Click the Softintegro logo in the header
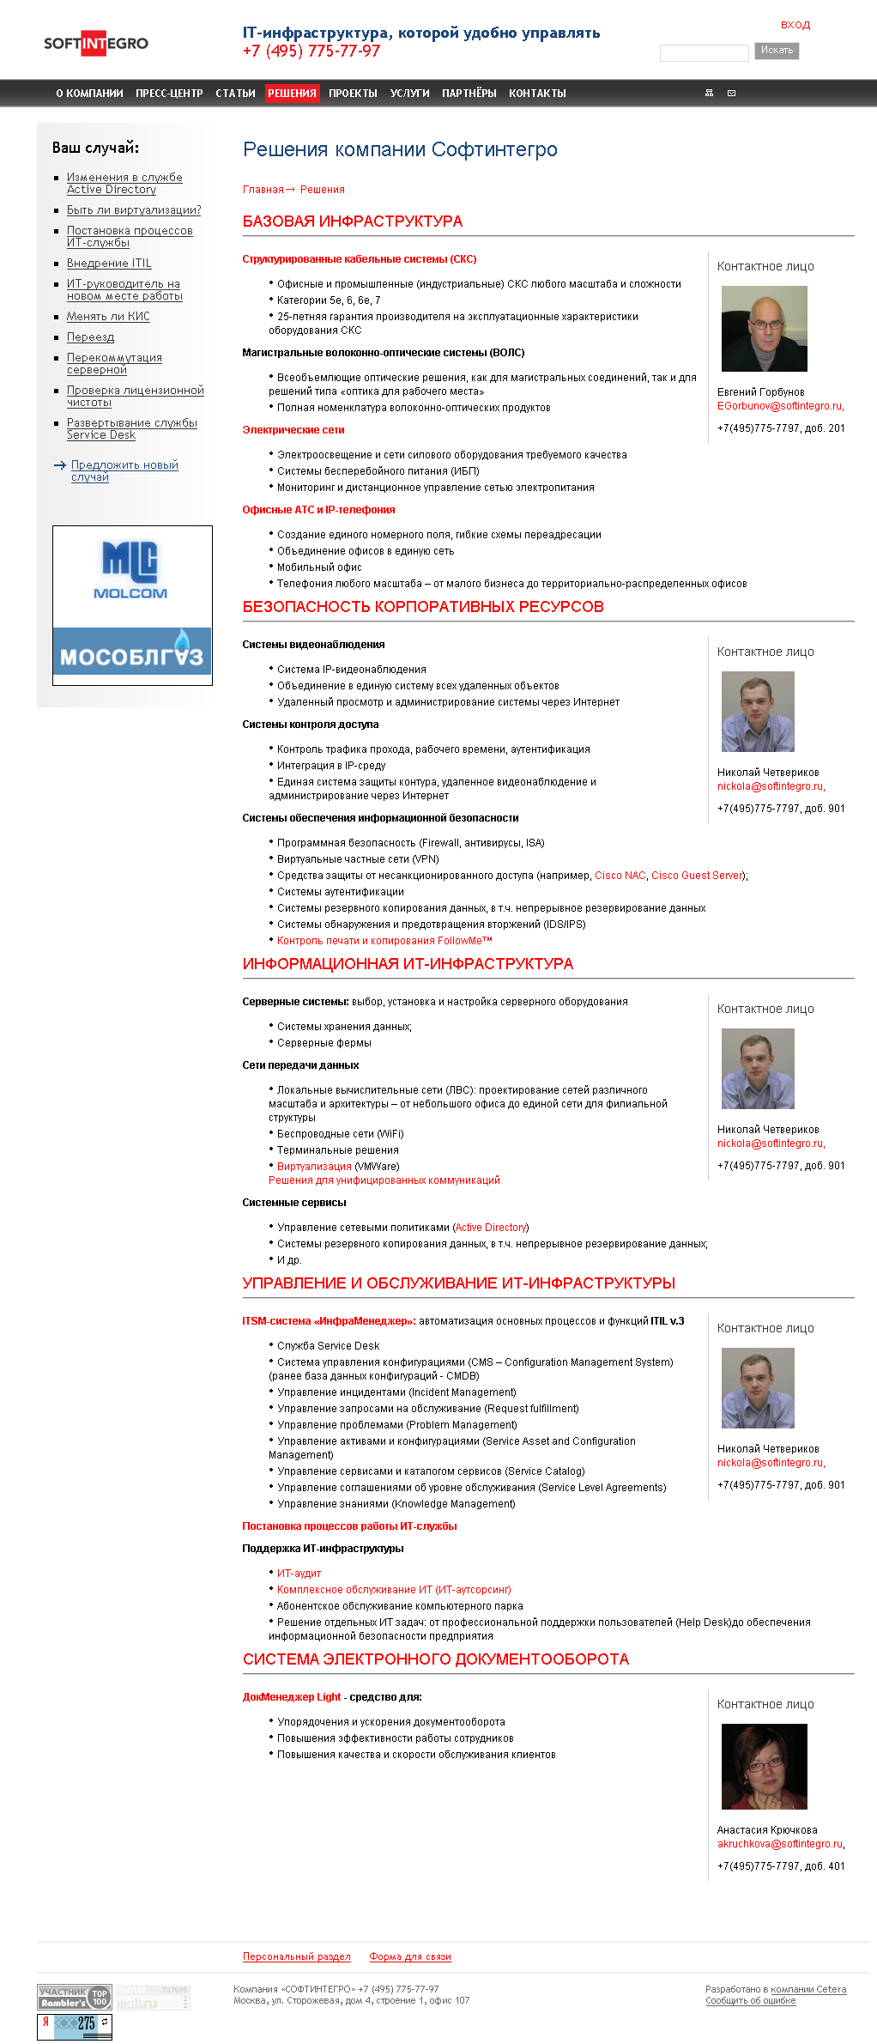(x=95, y=44)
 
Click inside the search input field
(x=704, y=53)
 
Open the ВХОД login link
(x=795, y=25)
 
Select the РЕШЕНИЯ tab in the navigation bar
(x=292, y=93)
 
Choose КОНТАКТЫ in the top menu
(x=537, y=93)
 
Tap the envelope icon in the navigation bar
(x=731, y=93)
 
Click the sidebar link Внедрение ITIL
(x=109, y=264)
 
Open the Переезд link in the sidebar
(x=90, y=337)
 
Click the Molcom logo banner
(x=131, y=570)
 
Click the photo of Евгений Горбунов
(x=764, y=329)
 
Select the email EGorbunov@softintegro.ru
(x=779, y=406)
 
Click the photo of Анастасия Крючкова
(x=764, y=1767)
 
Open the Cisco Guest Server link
(x=697, y=876)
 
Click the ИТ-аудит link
(x=299, y=1574)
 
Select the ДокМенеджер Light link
(x=292, y=1697)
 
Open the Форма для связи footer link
(x=410, y=1956)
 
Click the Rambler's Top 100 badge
(x=75, y=1997)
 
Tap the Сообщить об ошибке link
(x=750, y=2001)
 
